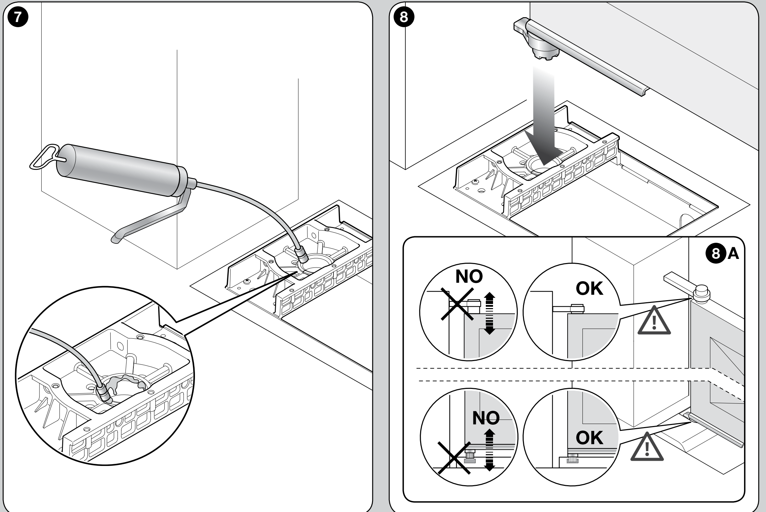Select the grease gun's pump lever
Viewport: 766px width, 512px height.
[151, 217]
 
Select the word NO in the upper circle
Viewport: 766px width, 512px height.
[469, 277]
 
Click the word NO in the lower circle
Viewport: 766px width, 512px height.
[486, 418]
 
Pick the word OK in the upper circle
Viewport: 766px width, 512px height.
[590, 289]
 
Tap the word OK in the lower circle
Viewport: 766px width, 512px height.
[589, 438]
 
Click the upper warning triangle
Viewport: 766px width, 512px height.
[654, 320]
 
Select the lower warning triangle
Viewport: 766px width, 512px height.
[647, 446]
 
